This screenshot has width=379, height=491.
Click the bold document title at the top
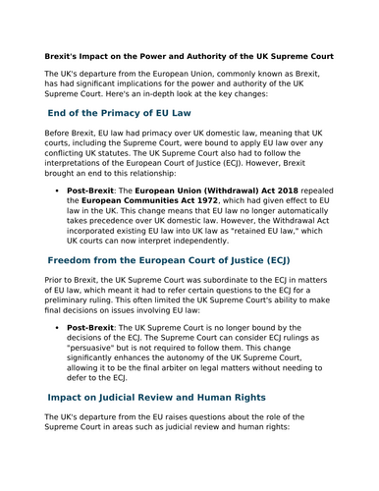click(189, 56)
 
